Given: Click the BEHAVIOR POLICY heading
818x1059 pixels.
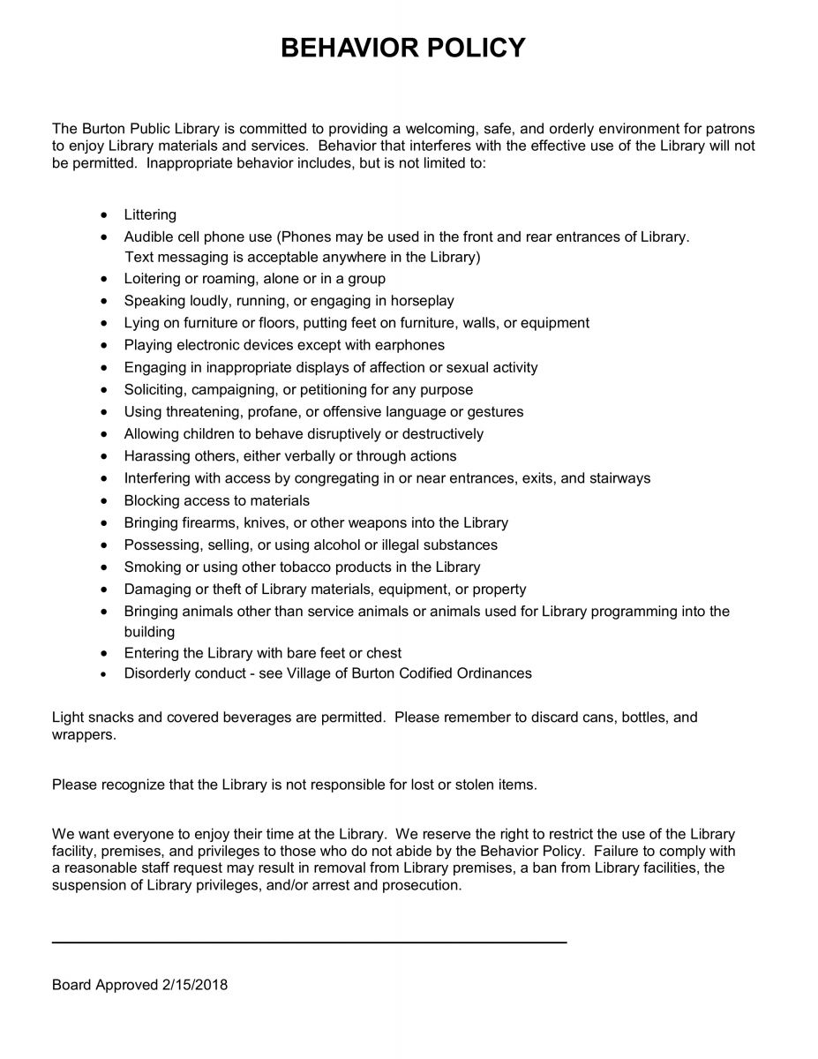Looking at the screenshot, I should point(402,48).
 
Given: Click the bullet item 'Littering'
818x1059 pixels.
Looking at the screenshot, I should point(150,214).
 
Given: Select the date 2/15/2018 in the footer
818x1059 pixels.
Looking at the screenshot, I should point(194,985).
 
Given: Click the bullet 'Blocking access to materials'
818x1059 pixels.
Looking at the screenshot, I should point(216,500).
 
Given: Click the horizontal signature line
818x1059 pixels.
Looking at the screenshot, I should point(309,943).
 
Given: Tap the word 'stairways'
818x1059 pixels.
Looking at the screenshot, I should point(619,478).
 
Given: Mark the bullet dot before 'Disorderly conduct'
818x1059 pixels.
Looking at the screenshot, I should point(106,674).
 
